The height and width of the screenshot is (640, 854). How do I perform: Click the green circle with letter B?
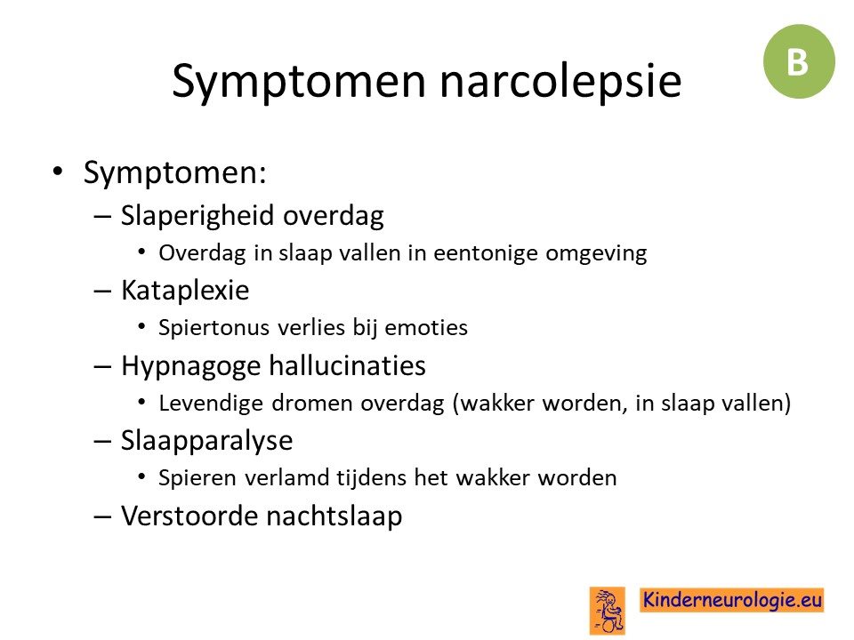[799, 61]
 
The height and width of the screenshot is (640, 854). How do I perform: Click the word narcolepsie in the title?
[560, 81]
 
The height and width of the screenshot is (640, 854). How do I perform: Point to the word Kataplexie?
[185, 290]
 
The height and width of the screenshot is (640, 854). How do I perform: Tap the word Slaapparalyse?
[207, 441]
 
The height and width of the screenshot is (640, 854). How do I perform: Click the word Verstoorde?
[189, 516]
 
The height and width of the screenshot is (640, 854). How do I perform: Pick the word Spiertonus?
[214, 328]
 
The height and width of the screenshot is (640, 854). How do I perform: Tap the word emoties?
[426, 328]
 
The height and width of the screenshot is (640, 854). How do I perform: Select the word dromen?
[312, 404]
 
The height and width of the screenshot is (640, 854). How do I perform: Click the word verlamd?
[286, 478]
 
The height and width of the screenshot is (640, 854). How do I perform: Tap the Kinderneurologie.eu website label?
[731, 600]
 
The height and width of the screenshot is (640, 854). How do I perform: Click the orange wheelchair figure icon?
[608, 610]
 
